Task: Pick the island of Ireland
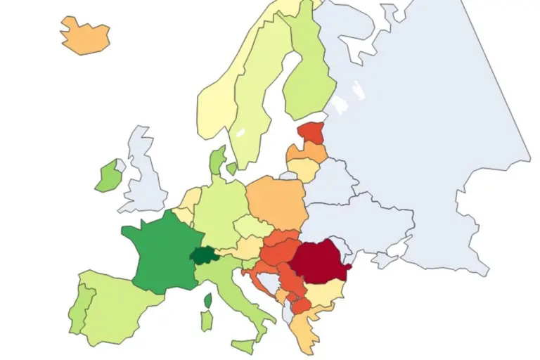107,176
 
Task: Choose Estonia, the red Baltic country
311,133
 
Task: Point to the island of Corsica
208,301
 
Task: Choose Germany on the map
218,211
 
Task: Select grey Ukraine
366,225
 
